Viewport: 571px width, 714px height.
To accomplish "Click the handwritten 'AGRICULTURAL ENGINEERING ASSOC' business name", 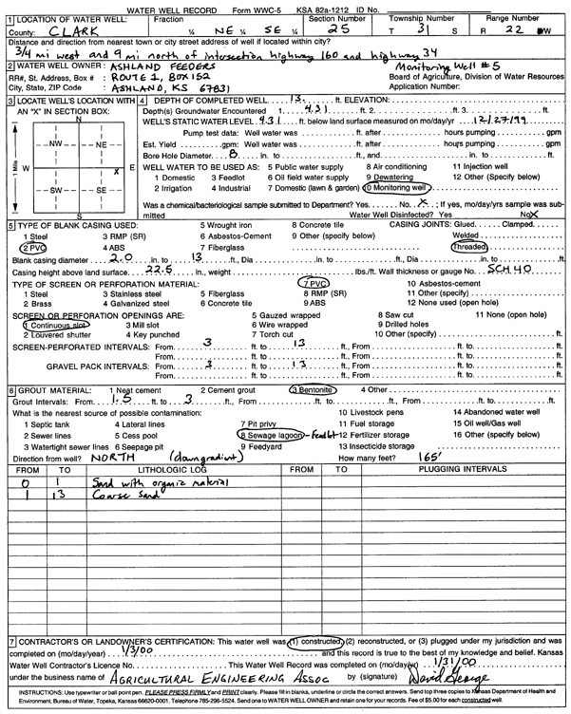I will tap(218, 680).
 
